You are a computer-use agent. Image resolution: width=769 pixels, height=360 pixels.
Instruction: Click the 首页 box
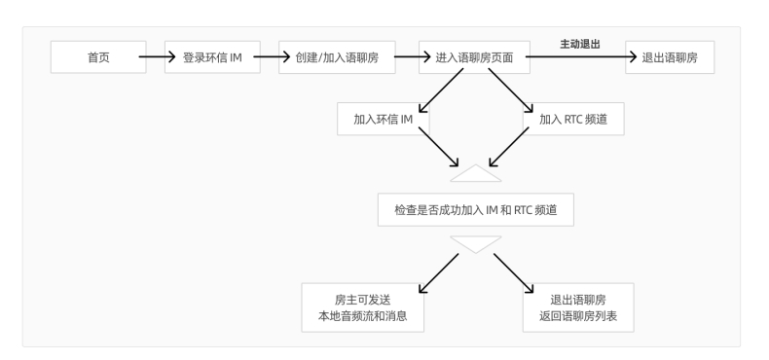pos(98,57)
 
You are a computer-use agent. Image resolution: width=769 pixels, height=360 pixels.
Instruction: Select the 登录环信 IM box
pos(211,57)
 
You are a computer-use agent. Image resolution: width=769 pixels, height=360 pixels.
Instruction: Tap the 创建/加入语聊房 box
pos(337,57)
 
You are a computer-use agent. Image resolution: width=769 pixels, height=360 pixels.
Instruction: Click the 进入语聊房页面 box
pos(473,57)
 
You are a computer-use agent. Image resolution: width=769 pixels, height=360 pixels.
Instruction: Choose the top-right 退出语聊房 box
pos(670,57)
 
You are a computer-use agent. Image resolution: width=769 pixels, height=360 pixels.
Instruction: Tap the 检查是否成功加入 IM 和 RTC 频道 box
pos(476,209)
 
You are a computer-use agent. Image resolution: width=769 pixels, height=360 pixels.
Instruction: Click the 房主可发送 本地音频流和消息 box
pos(363,307)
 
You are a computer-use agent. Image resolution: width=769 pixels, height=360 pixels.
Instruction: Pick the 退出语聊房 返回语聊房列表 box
pos(578,307)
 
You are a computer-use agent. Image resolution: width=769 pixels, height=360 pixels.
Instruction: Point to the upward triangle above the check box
pos(476,174)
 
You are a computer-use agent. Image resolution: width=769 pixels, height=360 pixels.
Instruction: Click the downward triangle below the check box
pos(476,242)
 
